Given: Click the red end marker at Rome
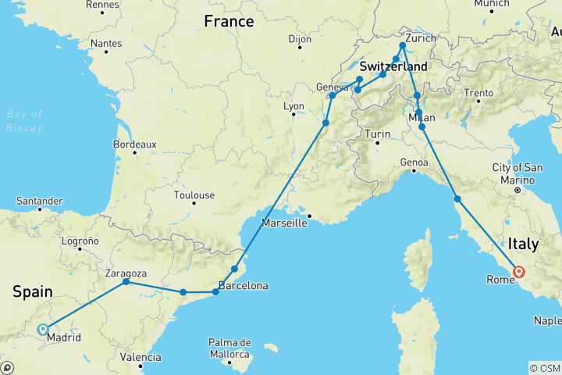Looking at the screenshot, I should [x=518, y=273].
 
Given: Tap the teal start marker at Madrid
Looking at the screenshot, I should [x=43, y=330].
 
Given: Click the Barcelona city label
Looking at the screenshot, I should [x=244, y=285].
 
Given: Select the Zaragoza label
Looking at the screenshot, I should [x=126, y=273].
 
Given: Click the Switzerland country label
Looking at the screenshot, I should [x=393, y=66].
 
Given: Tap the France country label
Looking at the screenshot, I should [x=229, y=22].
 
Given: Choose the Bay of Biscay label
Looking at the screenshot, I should [x=24, y=121].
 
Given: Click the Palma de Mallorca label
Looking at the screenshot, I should [x=229, y=348].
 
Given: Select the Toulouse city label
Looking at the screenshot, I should [x=194, y=195].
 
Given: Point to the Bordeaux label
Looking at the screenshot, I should [x=134, y=145].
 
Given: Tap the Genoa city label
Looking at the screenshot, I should [x=414, y=162].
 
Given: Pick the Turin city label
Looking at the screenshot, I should [x=377, y=134].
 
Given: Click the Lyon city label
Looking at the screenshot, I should [x=293, y=106].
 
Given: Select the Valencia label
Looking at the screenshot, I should [x=141, y=357].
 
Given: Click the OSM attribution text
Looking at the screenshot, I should [x=545, y=367].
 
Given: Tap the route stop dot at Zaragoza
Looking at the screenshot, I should [x=126, y=282].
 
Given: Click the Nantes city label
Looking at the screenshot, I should [x=106, y=43].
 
